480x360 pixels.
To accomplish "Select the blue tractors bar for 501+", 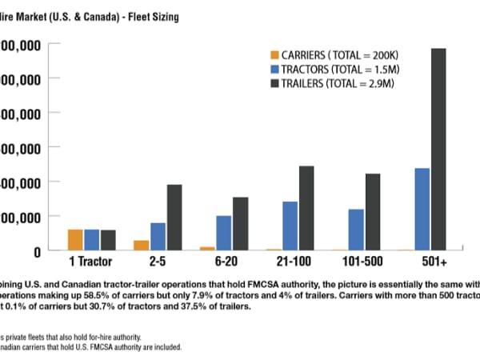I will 422,209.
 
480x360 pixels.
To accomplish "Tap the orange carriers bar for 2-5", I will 142,245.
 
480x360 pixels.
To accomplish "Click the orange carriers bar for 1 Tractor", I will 75,240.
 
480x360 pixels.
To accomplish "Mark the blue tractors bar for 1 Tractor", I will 92,240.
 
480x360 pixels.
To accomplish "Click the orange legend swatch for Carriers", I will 274,55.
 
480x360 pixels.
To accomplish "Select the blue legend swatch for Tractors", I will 274,70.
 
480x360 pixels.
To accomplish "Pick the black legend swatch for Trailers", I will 274,84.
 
